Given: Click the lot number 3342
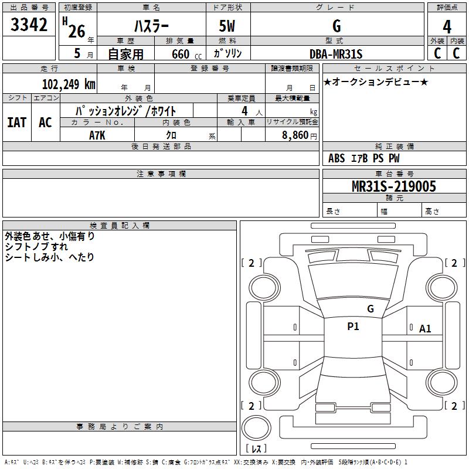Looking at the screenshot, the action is (29, 25).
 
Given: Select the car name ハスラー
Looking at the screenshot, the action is (151, 26).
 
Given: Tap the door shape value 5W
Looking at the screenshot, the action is (227, 26).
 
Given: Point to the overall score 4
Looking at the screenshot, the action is (447, 27).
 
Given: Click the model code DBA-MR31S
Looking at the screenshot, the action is (336, 54).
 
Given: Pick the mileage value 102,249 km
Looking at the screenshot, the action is (69, 84).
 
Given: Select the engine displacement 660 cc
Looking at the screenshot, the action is (186, 55).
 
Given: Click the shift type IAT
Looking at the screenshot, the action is (17, 123).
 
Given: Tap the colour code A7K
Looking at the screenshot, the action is (97, 135).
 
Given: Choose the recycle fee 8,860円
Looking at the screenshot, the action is (300, 135).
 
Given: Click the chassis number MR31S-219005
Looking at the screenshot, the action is (394, 186).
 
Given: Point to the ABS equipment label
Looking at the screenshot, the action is (337, 158).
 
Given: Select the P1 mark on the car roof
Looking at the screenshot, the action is (353, 327).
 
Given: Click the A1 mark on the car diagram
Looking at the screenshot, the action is (425, 329).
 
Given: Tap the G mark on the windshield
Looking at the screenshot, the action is (371, 309).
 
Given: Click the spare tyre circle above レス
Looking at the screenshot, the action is (256, 428).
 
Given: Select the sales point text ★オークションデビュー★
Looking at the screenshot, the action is (376, 81).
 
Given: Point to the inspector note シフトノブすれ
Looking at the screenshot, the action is (36, 247).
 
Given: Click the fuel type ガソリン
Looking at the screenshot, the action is (227, 53).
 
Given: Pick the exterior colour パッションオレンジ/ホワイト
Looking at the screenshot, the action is (125, 111).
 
